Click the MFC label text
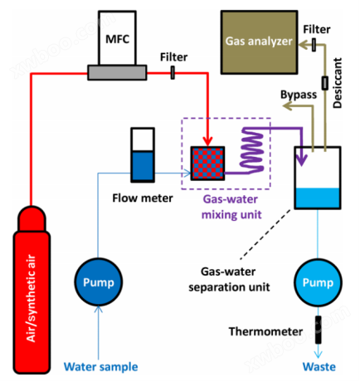[x=117, y=39]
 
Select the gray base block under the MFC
[x=117, y=72]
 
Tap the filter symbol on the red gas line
[x=173, y=72]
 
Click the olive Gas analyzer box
[x=259, y=42]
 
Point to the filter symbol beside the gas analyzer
[x=314, y=45]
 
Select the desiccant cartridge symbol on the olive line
[x=325, y=83]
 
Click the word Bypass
[x=299, y=95]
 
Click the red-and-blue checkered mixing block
[x=207, y=164]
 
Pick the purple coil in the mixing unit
[x=251, y=151]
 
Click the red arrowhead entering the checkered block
[x=207, y=141]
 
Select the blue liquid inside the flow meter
[x=143, y=166]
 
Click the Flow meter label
[x=143, y=198]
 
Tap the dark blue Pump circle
[x=99, y=282]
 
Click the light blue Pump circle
[x=318, y=282]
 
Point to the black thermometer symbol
[x=319, y=330]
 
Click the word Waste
[x=319, y=367]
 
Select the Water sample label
[x=100, y=367]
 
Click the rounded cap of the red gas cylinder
[x=32, y=218]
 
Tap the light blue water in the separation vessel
[x=318, y=198]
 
